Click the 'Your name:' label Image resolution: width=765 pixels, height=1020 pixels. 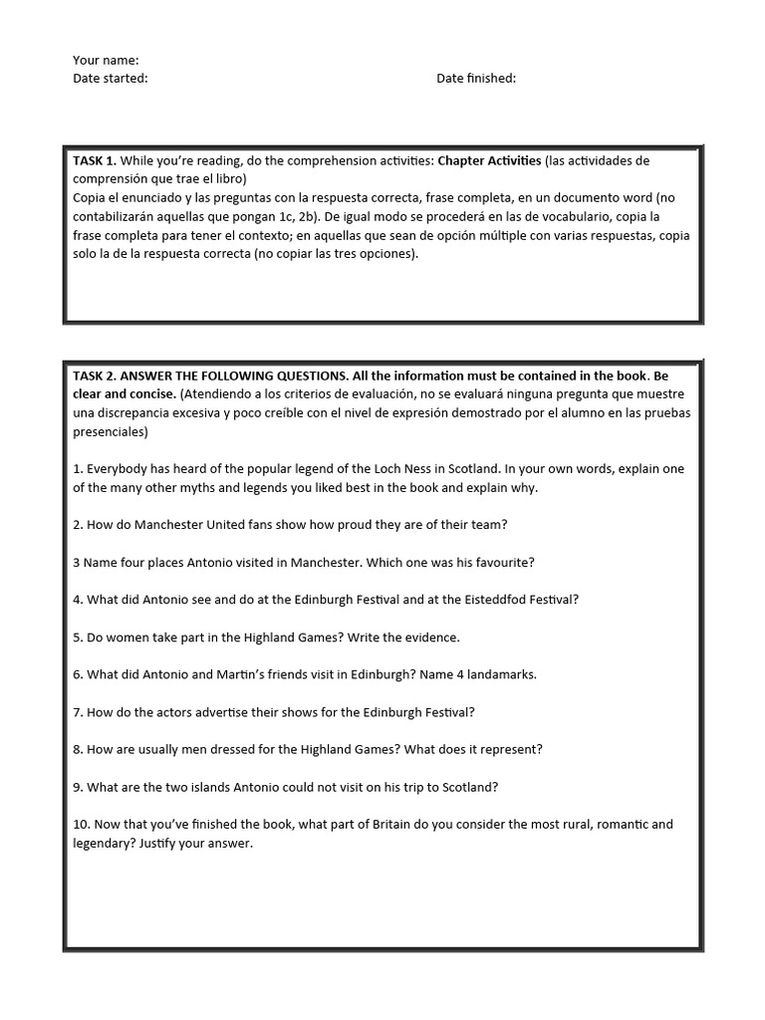pyautogui.click(x=106, y=61)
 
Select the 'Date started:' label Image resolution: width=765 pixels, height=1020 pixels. pyautogui.click(x=110, y=79)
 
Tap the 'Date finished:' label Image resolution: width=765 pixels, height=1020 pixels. pyautogui.click(x=476, y=79)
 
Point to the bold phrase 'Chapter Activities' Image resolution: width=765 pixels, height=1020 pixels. pyautogui.click(x=489, y=160)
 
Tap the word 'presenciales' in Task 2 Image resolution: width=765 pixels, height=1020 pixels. pyautogui.click(x=110, y=431)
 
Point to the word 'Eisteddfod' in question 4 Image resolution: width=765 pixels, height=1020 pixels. pyautogui.click(x=477, y=600)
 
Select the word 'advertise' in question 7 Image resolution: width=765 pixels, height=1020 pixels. pyautogui.click(x=226, y=712)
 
